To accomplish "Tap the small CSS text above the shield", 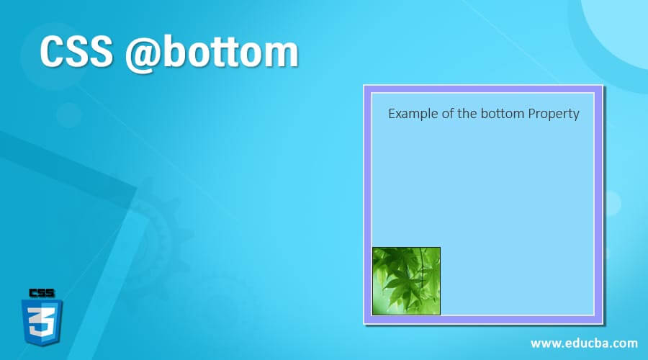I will [42, 292].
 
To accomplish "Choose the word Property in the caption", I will [554, 114].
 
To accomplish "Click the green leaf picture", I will [406, 281].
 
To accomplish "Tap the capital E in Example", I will [392, 114].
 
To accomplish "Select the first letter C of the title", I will [52, 53].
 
